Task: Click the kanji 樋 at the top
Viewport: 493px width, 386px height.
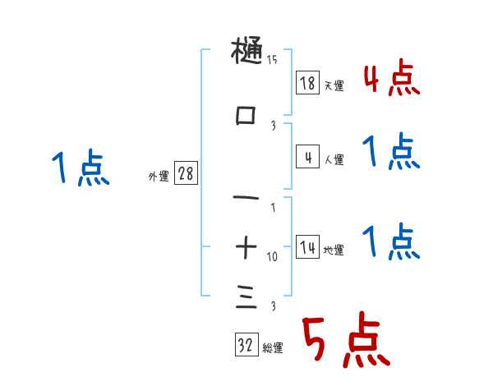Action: point(246,53)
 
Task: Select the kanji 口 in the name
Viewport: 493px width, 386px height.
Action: point(246,117)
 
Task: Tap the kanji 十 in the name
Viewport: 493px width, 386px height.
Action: point(246,245)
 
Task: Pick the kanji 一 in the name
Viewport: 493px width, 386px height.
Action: point(246,198)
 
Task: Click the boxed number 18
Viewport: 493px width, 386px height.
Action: point(307,82)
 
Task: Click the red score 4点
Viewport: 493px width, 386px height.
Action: point(391,79)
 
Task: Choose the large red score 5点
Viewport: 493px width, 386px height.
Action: point(344,341)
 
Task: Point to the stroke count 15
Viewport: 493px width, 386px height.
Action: point(272,58)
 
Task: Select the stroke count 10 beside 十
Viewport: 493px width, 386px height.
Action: point(272,257)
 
